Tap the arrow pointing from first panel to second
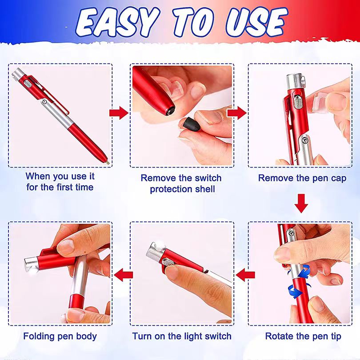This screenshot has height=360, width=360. tap(119, 113)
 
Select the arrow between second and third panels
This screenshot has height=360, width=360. tap(236, 113)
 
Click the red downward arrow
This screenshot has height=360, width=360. tap(302, 204)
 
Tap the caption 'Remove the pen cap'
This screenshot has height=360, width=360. tap(302, 178)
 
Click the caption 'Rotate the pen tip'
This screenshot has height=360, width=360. tap(303, 336)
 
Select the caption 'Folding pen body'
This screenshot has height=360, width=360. tap(60, 336)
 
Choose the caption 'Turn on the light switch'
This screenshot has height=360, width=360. tap(182, 336)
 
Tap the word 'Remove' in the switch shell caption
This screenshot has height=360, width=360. tap(159, 178)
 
